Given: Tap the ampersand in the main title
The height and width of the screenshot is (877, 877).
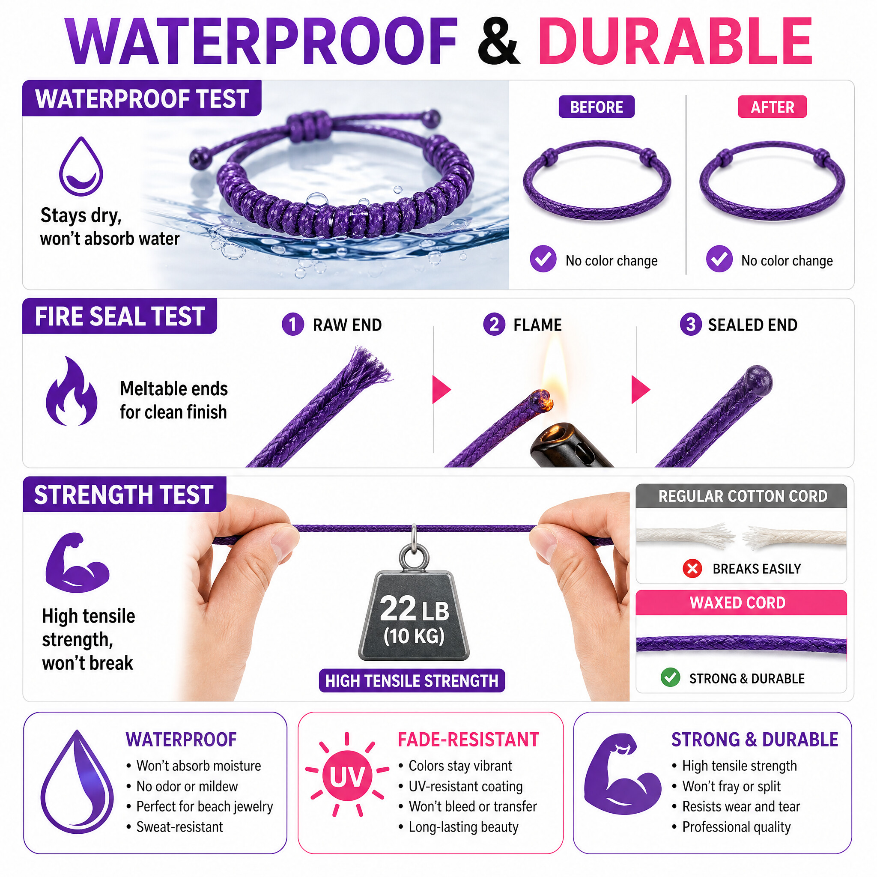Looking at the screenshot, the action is pyautogui.click(x=498, y=42).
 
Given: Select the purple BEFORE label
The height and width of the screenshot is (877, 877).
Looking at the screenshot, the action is pyautogui.click(x=597, y=107).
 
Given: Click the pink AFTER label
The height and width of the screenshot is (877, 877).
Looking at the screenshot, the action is pyautogui.click(x=772, y=107).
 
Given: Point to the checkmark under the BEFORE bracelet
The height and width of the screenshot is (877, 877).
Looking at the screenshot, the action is pyautogui.click(x=543, y=259).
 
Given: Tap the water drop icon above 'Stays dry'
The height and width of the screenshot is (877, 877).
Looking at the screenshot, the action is pyautogui.click(x=81, y=166).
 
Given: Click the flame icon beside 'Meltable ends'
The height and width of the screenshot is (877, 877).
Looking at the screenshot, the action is pyautogui.click(x=72, y=391).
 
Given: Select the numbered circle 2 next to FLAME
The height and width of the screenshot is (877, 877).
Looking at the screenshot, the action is pyautogui.click(x=494, y=325).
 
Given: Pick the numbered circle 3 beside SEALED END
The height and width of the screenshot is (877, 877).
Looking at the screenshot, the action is pyautogui.click(x=690, y=325).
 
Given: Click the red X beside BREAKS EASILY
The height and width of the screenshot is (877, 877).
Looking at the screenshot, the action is pyautogui.click(x=692, y=568).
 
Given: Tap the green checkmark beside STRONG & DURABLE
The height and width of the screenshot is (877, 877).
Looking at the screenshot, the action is pyautogui.click(x=670, y=678).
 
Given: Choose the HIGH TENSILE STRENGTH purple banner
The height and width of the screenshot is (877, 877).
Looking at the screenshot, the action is pyautogui.click(x=412, y=680).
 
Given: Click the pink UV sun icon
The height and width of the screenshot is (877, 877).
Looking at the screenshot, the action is pyautogui.click(x=347, y=776).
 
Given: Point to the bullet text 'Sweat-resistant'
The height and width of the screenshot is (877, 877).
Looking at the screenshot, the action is pyautogui.click(x=180, y=827).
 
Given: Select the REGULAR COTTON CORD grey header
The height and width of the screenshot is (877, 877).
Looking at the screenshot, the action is pyautogui.click(x=741, y=496).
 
